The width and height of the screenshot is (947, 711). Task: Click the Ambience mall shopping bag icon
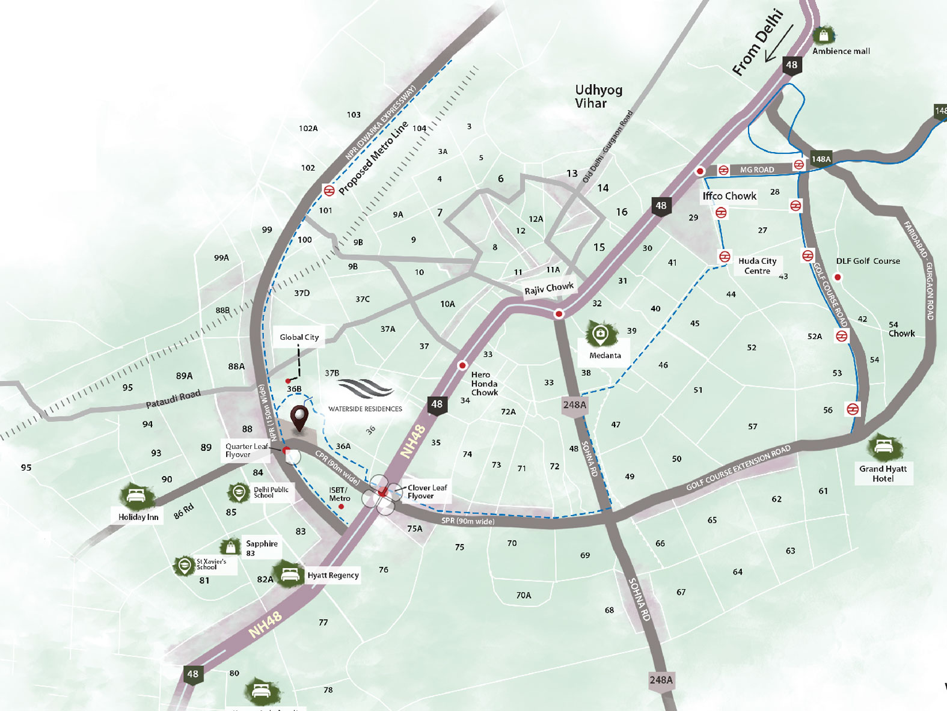pyautogui.click(x=824, y=35)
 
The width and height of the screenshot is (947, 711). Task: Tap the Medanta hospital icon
pyautogui.click(x=601, y=334)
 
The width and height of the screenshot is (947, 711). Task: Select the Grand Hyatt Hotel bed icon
pyautogui.click(x=883, y=447)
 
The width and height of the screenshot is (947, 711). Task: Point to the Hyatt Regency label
pyautogui.click(x=333, y=575)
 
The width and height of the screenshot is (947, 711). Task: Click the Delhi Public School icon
pyautogui.click(x=239, y=493)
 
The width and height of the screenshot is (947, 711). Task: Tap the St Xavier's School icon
pyautogui.click(x=183, y=565)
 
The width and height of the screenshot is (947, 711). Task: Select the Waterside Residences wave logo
pyautogui.click(x=366, y=389)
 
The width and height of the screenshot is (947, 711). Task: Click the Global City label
pyautogui.click(x=299, y=337)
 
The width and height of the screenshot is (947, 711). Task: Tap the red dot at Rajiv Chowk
pyautogui.click(x=559, y=314)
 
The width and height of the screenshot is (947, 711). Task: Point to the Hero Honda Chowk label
pyautogui.click(x=484, y=383)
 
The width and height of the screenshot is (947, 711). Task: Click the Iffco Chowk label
pyautogui.click(x=729, y=196)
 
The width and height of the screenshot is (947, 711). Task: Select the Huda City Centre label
pyautogui.click(x=757, y=266)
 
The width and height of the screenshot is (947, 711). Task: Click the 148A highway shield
pyautogui.click(x=821, y=159)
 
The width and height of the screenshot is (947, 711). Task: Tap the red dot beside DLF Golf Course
pyautogui.click(x=838, y=277)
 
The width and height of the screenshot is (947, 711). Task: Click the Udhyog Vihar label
pyautogui.click(x=598, y=96)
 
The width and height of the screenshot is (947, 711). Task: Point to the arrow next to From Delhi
pyautogui.click(x=779, y=43)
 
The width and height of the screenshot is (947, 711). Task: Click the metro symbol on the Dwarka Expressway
pyautogui.click(x=328, y=190)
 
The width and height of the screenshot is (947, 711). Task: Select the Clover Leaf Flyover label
pyautogui.click(x=427, y=492)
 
